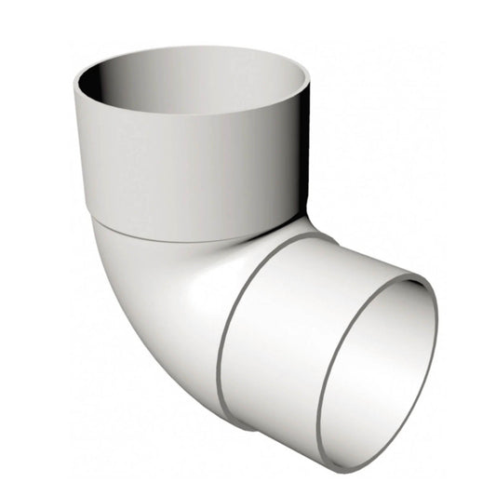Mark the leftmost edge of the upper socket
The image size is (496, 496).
point(74,102)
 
